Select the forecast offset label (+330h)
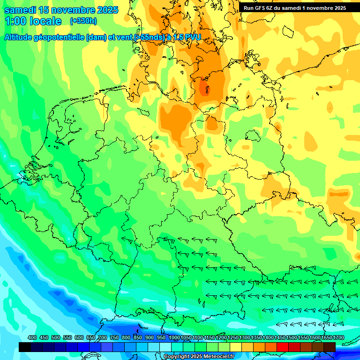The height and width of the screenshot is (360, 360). point(83,21)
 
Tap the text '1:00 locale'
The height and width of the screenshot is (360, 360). point(33,21)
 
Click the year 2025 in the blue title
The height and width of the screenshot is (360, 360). point(107,10)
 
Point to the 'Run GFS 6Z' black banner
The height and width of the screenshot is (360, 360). point(262,8)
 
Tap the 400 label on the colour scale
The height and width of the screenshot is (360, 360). point(32,337)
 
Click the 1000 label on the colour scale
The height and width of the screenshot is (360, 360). point(174,337)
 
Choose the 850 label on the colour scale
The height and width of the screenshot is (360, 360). point(138,337)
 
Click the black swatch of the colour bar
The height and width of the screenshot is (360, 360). point(25,347)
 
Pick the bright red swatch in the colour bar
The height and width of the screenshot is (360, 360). point(283,347)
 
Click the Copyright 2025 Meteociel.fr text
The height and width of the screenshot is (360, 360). point(199,357)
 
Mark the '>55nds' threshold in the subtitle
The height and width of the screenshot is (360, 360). point(148,37)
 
